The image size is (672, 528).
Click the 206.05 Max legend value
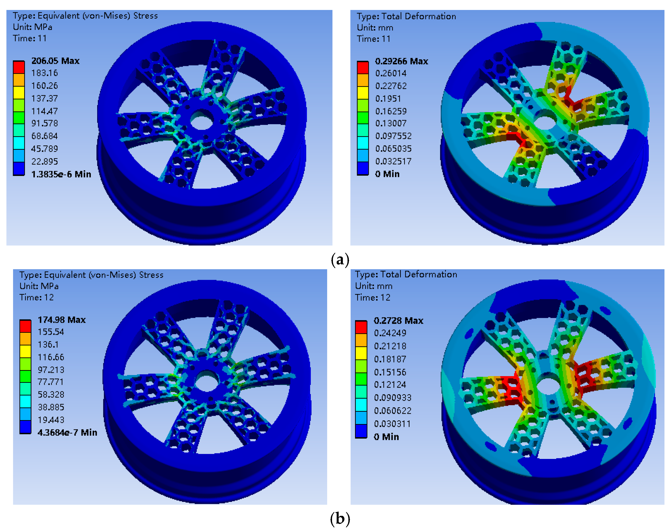(55, 61)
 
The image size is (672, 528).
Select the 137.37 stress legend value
(44, 99)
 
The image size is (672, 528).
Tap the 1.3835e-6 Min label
(61, 174)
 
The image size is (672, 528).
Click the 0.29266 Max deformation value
(401, 61)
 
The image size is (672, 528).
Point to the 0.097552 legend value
(393, 136)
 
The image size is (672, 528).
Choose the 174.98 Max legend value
(62, 320)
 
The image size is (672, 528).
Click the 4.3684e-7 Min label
(67, 433)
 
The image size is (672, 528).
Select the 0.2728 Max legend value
(398, 321)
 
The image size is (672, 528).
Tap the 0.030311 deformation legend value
(392, 424)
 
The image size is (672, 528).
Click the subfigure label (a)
(340, 259)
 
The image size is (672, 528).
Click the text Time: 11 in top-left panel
(30, 38)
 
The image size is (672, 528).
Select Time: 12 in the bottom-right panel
(373, 297)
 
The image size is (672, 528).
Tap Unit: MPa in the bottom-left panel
(39, 286)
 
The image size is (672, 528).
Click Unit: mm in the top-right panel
(375, 27)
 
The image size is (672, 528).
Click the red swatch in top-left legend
(19, 67)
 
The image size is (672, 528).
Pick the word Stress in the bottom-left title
(151, 275)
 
